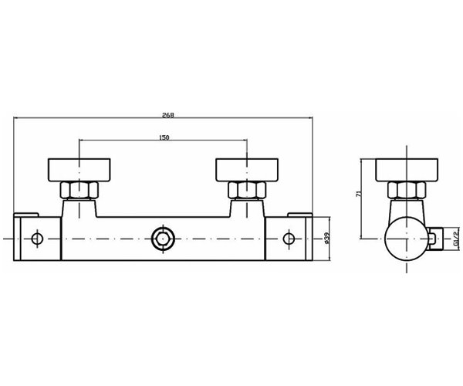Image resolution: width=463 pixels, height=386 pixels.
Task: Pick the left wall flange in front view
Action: point(80,168)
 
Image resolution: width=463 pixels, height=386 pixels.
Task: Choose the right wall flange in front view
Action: point(246,168)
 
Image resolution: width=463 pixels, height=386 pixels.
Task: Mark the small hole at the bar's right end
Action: point(289,237)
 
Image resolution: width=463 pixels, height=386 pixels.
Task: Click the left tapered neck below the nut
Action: point(80,206)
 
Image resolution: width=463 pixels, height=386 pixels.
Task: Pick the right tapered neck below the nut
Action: point(246,206)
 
